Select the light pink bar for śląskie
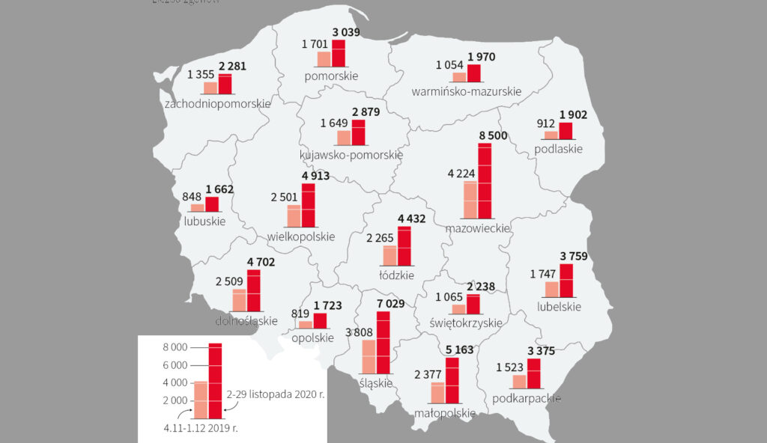click(x=369, y=357)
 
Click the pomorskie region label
click(x=331, y=76)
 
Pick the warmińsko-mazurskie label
click(x=466, y=91)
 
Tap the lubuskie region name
click(x=204, y=221)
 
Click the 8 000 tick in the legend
click(x=175, y=347)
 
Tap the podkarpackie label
click(x=527, y=398)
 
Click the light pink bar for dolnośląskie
click(x=240, y=300)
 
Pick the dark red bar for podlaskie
click(x=566, y=131)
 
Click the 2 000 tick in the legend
click(x=175, y=400)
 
